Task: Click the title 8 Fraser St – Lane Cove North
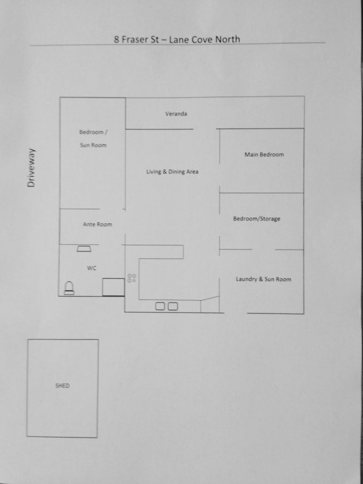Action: point(177,40)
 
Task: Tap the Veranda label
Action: point(176,114)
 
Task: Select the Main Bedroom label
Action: point(264,154)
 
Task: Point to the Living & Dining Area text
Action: point(172,172)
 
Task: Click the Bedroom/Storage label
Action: point(257,218)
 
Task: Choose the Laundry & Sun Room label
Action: point(263,279)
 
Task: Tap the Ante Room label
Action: point(98,224)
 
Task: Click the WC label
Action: point(92,268)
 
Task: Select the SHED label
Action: point(62,385)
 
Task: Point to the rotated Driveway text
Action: point(31,168)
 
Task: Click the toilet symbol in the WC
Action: point(69,288)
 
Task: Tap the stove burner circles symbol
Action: point(132,278)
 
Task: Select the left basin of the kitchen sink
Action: point(160,306)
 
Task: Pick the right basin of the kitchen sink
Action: point(173,306)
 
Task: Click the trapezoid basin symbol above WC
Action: point(84,248)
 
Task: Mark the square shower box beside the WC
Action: point(113,287)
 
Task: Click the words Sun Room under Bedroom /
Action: point(93,145)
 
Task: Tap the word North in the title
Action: point(228,39)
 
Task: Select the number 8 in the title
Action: point(117,40)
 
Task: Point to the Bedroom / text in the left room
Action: point(93,132)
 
